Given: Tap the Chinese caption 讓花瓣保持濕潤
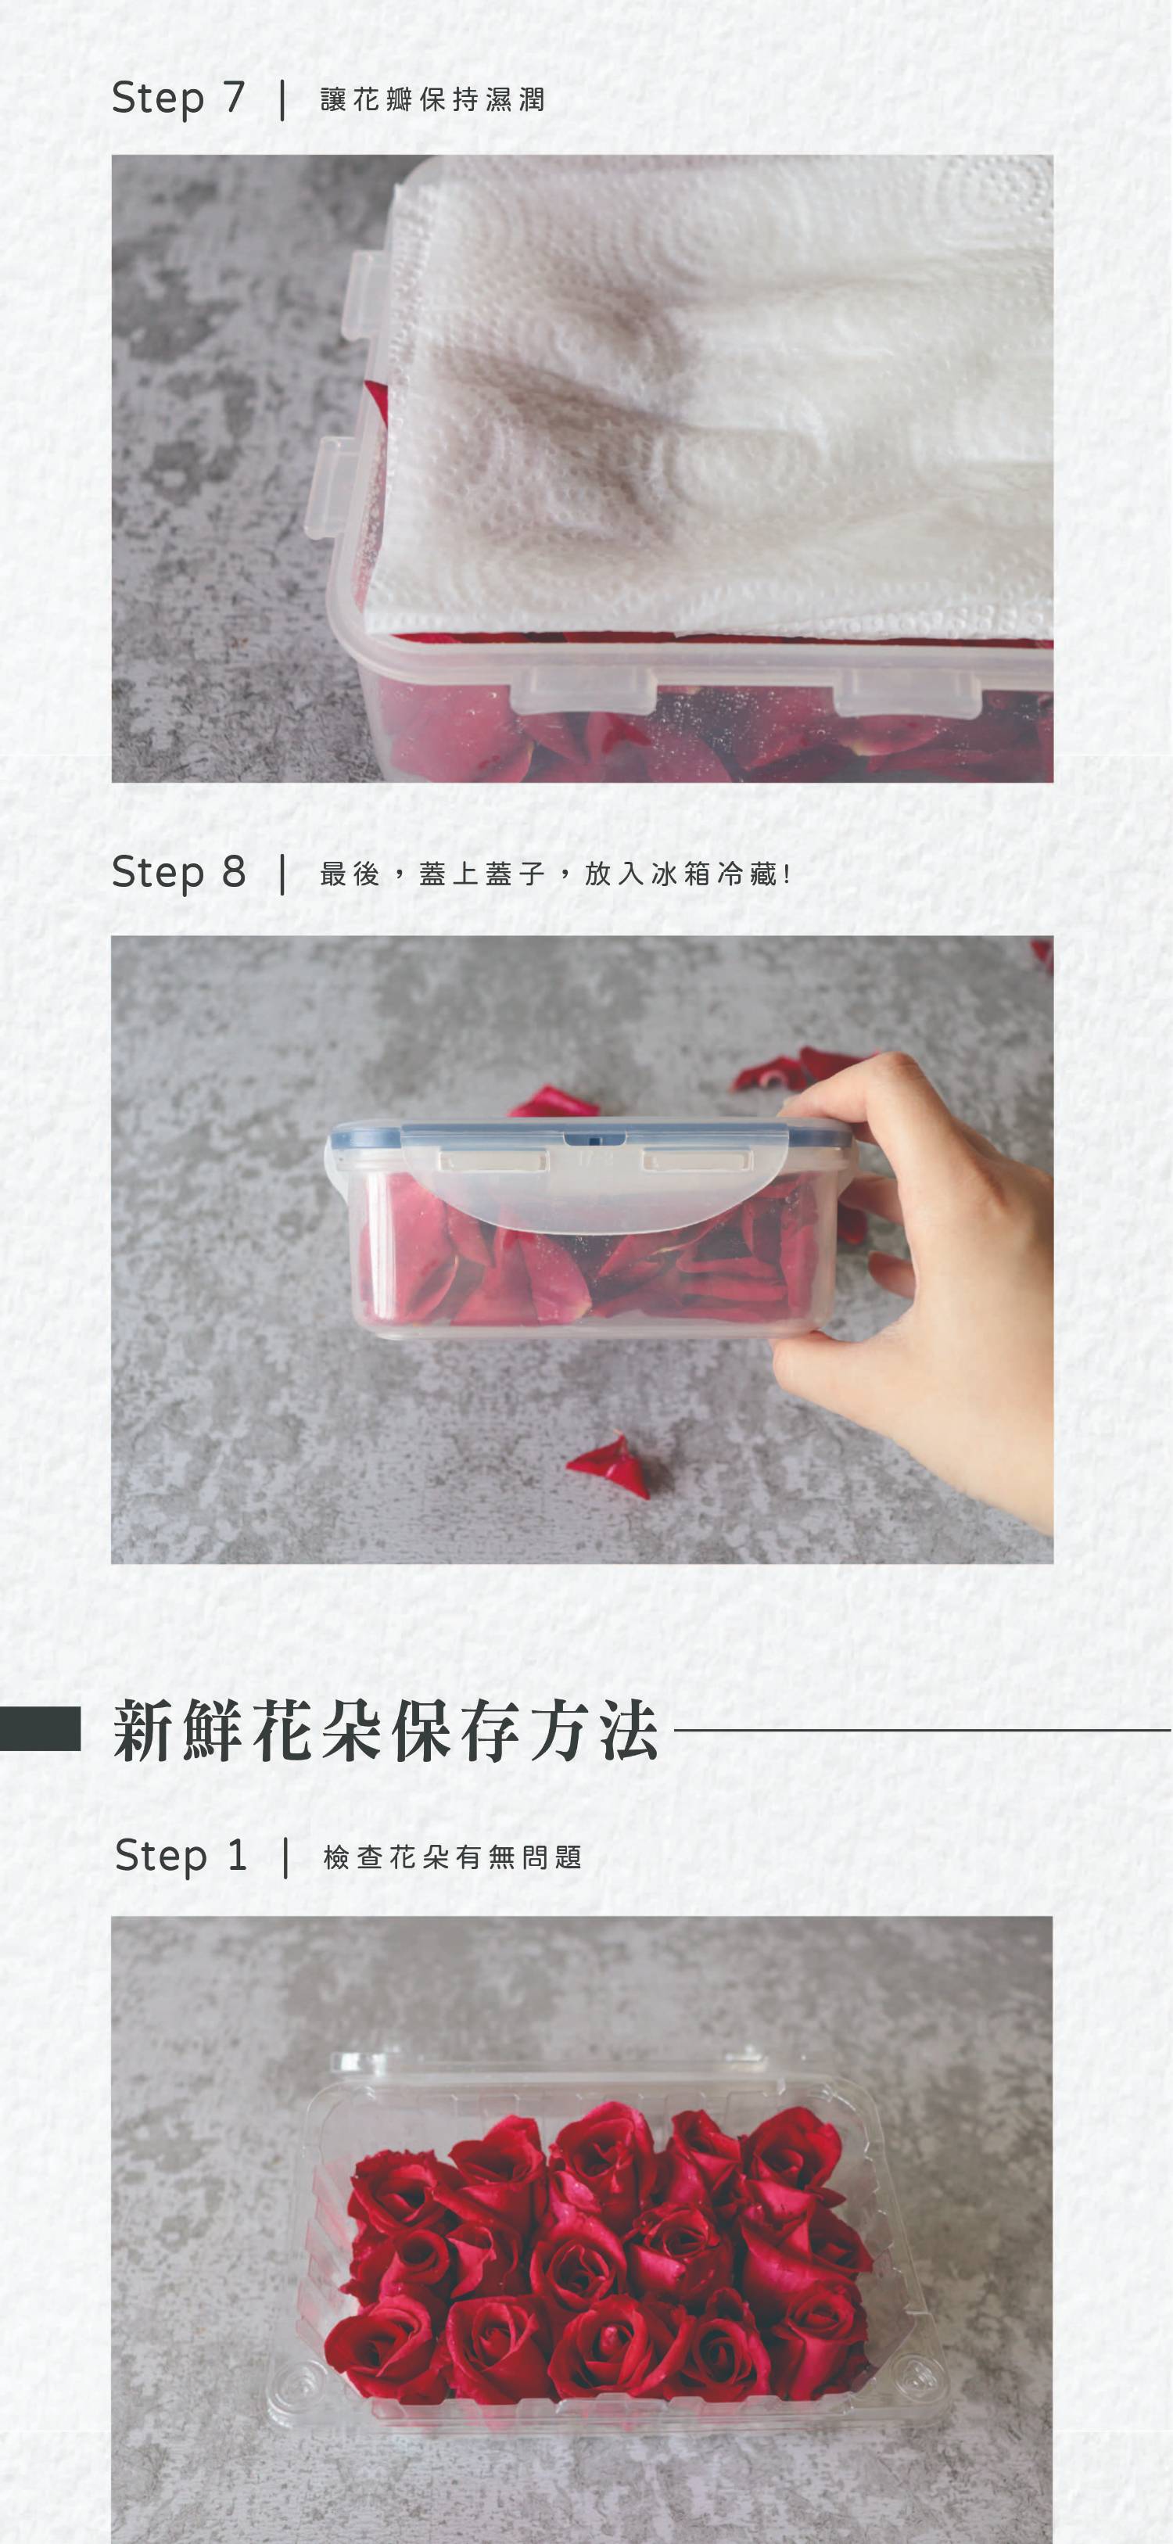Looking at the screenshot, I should (x=432, y=100).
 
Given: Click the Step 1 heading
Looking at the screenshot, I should (x=181, y=1856).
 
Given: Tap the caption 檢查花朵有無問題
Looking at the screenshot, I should (x=452, y=1857).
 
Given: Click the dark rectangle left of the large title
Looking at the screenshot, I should (x=40, y=1728).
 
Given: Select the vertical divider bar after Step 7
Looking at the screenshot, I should (x=283, y=100).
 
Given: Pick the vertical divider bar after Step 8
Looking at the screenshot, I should (x=283, y=874).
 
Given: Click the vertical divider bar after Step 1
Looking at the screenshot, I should (x=286, y=1857).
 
